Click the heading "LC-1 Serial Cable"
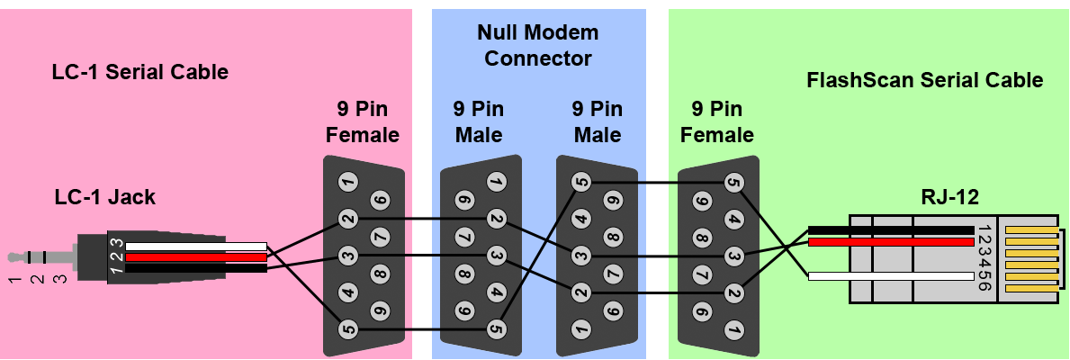139,72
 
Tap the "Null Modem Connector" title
538,46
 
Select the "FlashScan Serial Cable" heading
924,80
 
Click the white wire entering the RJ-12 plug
891,276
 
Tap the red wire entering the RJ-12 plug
891,242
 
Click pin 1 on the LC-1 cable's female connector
348,182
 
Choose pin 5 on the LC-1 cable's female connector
348,329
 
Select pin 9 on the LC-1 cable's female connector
381,310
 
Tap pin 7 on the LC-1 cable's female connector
381,237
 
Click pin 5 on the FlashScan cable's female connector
734,183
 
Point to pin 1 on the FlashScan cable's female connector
734,330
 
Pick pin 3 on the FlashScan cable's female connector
734,256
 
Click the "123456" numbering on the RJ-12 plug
983,256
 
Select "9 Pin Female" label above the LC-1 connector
362,122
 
